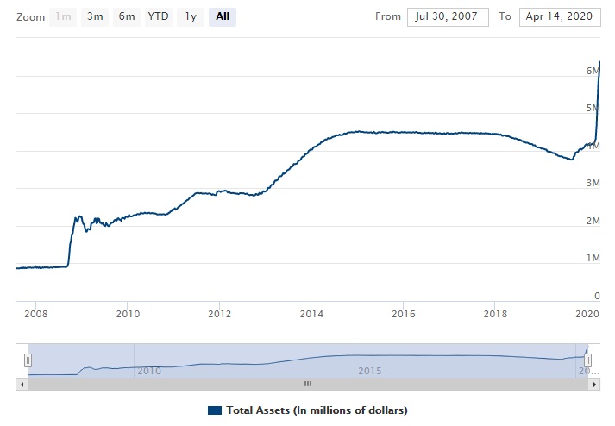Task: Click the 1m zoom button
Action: click(64, 16)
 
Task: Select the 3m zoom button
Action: click(95, 16)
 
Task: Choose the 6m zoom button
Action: click(126, 16)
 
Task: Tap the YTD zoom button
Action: click(158, 16)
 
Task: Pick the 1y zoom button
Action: click(191, 16)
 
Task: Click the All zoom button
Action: click(223, 16)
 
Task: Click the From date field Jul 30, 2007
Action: click(448, 17)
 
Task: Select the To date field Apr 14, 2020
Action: click(560, 17)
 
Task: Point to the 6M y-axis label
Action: click(593, 70)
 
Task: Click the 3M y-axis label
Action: click(593, 183)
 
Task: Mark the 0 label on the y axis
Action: click(596, 296)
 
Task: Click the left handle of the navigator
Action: click(28, 360)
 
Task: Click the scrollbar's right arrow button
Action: click(594, 383)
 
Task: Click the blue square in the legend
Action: click(215, 410)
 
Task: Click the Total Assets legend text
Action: click(316, 410)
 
